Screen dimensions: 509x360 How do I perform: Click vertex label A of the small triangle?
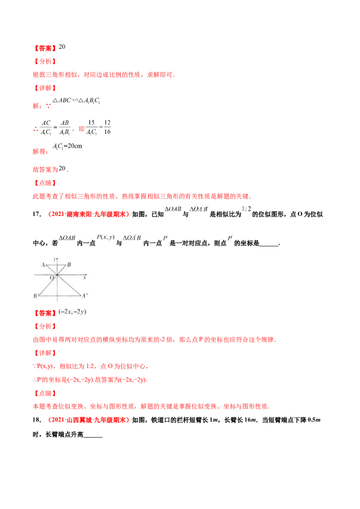[x=43, y=265]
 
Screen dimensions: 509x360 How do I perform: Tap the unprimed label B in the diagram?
[x=68, y=265]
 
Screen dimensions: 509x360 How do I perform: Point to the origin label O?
[x=52, y=278]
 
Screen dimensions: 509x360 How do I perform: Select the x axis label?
[x=85, y=278]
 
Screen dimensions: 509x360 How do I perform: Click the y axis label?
[x=54, y=260]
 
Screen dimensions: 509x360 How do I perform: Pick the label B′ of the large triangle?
[x=36, y=296]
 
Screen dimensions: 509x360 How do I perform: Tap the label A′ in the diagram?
[x=84, y=296]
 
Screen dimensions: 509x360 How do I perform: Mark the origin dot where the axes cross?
[x=57, y=274]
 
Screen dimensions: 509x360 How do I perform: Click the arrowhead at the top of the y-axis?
[x=57, y=258]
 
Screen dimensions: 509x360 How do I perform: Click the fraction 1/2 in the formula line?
[x=244, y=209]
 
